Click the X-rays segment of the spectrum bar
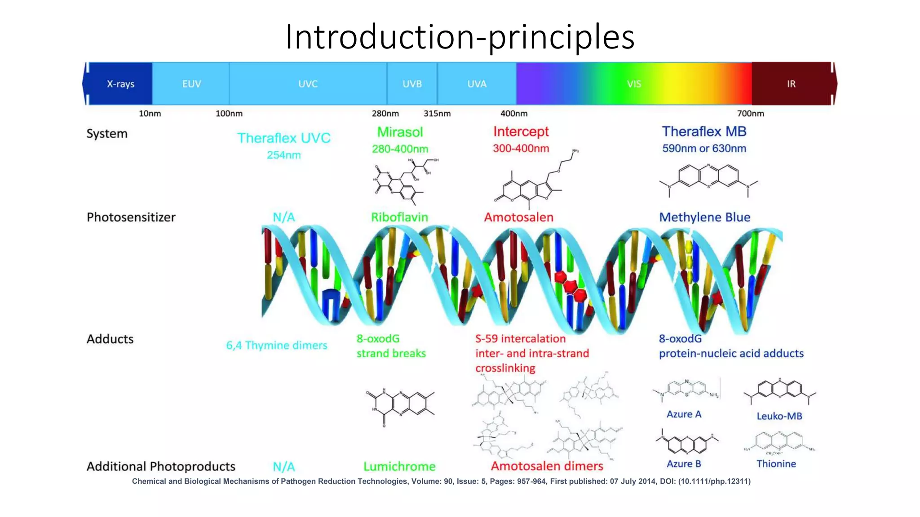[x=120, y=84]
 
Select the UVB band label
[x=412, y=84]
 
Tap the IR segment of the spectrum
[x=791, y=84]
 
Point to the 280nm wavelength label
[x=385, y=114]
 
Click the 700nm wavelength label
[x=750, y=114]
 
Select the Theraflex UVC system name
[x=283, y=138]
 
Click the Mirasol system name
[x=400, y=132]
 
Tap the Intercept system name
[x=521, y=131]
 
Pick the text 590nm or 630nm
[x=704, y=149]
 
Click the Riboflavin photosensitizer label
[x=399, y=217]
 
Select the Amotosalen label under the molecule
[x=518, y=217]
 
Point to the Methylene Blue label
[x=704, y=217]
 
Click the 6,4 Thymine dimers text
[x=276, y=345]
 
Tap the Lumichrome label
[x=399, y=466]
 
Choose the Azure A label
[x=684, y=414]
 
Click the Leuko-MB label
[x=779, y=416]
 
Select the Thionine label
[x=776, y=464]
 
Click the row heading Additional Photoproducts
[x=161, y=466]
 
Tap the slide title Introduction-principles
[x=460, y=36]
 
